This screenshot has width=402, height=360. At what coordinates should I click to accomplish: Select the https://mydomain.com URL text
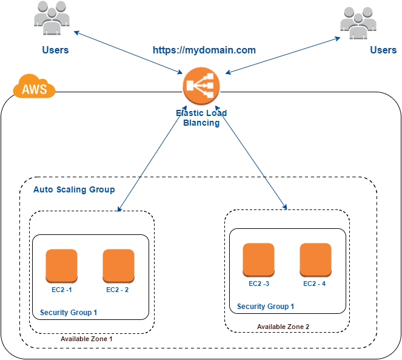[x=204, y=50]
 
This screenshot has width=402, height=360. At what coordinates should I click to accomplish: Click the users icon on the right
[x=358, y=23]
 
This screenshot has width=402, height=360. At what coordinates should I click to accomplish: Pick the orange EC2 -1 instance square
[x=61, y=265]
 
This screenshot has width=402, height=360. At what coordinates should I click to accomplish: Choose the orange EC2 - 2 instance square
[x=118, y=265]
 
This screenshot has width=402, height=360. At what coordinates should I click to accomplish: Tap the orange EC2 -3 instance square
[x=258, y=259]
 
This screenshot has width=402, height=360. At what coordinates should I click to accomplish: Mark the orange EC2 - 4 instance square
[x=315, y=259]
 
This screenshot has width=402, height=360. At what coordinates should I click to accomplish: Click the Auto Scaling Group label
[x=74, y=189]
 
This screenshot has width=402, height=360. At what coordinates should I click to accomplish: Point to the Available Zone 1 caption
[x=87, y=339]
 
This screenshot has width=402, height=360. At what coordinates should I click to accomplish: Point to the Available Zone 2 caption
[x=283, y=327]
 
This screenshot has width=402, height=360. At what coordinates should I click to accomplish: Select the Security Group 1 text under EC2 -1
[x=69, y=313]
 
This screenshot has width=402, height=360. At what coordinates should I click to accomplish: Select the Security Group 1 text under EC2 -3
[x=266, y=307]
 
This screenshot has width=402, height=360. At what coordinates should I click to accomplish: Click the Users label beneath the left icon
[x=55, y=50]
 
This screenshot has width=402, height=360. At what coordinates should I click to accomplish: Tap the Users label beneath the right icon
[x=383, y=50]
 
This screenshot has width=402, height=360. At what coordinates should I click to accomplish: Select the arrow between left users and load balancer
[x=129, y=52]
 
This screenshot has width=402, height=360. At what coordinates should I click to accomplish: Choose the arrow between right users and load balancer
[x=282, y=56]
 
